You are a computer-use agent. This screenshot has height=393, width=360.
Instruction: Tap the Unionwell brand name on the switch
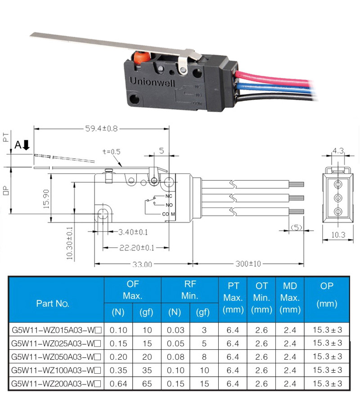pos(152,82)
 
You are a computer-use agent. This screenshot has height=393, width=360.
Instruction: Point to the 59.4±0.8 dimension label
pos(101,129)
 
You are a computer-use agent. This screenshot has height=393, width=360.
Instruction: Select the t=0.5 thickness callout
pos(112,152)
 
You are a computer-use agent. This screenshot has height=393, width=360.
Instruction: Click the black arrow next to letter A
pos(26,145)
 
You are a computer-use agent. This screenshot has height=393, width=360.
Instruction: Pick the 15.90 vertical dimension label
pos(46,199)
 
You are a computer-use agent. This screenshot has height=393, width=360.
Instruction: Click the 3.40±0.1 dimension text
pos(133,232)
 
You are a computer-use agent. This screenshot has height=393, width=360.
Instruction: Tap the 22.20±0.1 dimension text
pos(137,248)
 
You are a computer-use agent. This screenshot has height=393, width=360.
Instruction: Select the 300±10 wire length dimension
pos(248,263)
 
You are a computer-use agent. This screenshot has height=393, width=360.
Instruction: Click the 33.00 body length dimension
pos(142,264)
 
